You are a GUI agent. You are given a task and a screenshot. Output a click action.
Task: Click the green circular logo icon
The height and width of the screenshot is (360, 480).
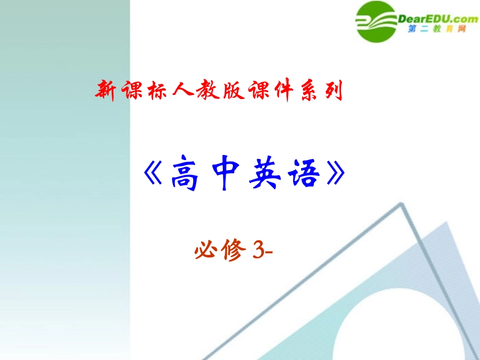tap(379, 21)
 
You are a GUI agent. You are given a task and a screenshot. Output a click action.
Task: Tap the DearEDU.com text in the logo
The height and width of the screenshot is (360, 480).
tap(438, 19)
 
